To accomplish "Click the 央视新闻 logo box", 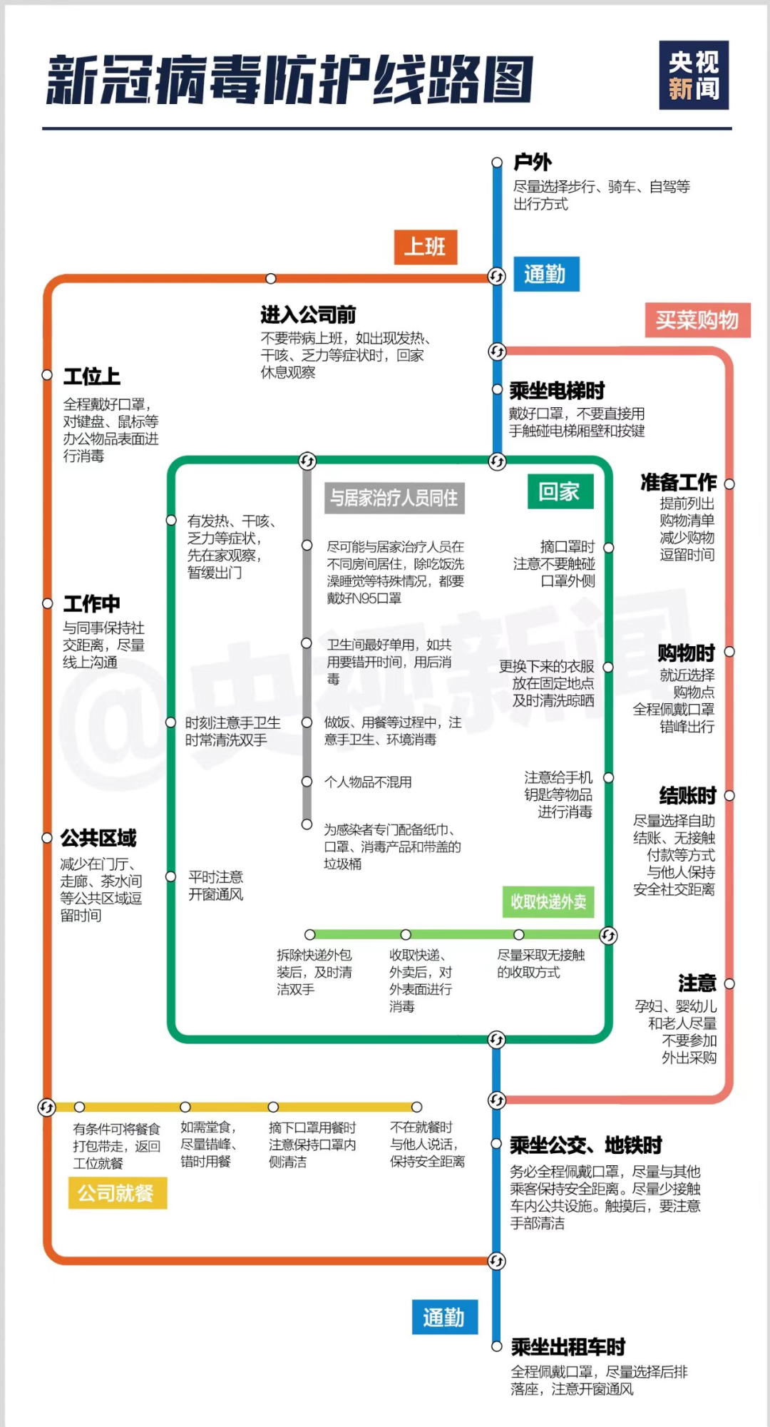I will point(694,76).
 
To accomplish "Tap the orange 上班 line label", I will point(425,247).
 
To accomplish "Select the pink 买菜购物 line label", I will point(697,320).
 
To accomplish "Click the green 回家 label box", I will point(560,491).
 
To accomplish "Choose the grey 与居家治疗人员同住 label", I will point(394,498).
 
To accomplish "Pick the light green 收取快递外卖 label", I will point(548,902).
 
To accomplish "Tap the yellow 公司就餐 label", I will point(117,1193).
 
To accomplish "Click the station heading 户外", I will point(533,163).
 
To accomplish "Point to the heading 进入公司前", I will point(308,314).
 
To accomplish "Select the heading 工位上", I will point(92,376).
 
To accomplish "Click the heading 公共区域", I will point(98,838).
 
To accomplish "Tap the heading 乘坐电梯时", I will point(557,390).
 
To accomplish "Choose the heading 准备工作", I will point(678,483).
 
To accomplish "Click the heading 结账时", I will point(687,795).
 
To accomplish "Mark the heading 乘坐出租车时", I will point(568,1346).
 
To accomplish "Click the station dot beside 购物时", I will point(729,652).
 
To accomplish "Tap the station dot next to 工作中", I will point(47,603).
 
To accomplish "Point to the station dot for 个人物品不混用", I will point(307,782).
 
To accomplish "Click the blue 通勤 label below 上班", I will point(545,275).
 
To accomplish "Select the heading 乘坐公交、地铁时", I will point(586,1145).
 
